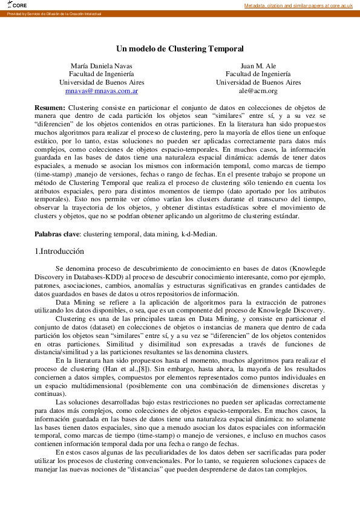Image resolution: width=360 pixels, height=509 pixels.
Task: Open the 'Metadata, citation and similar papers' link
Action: click(298, 5)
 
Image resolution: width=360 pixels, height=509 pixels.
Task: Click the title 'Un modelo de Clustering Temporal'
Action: click(180, 48)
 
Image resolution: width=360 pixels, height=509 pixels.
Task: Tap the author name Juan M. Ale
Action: click(258, 65)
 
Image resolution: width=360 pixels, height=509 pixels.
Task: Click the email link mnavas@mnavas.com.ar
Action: click(102, 91)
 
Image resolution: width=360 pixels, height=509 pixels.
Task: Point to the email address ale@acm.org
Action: click(258, 91)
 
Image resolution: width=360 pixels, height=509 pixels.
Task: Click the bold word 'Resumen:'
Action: click(50, 107)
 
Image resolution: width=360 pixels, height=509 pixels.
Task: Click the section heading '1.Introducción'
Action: click(59, 251)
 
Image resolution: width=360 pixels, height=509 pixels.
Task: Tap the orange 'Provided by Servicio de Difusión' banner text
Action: click(54, 13)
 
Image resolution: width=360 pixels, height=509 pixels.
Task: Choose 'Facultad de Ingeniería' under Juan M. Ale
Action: click(258, 74)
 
